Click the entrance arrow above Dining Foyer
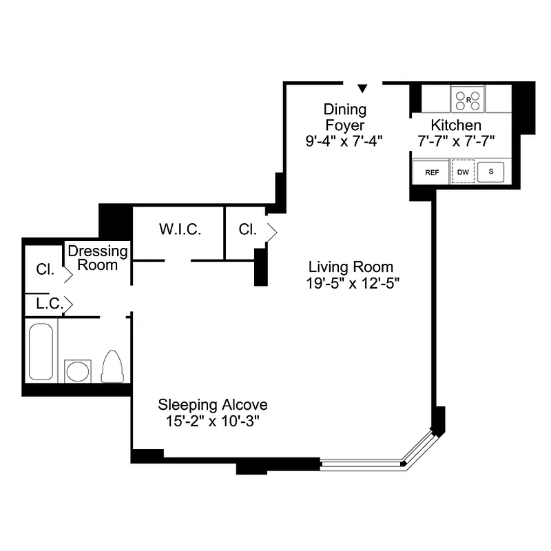363,88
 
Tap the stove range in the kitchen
468,100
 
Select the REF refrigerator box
431,172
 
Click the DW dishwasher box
463,172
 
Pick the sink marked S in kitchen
491,171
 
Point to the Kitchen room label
455,125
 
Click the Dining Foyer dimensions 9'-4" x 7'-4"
344,141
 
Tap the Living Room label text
351,267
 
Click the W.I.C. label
180,230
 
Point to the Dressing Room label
98,258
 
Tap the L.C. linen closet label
50,303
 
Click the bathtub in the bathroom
41,351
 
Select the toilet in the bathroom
112,366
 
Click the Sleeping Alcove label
213,404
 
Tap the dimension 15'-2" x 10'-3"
213,419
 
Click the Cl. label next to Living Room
247,230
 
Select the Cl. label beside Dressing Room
45,269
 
